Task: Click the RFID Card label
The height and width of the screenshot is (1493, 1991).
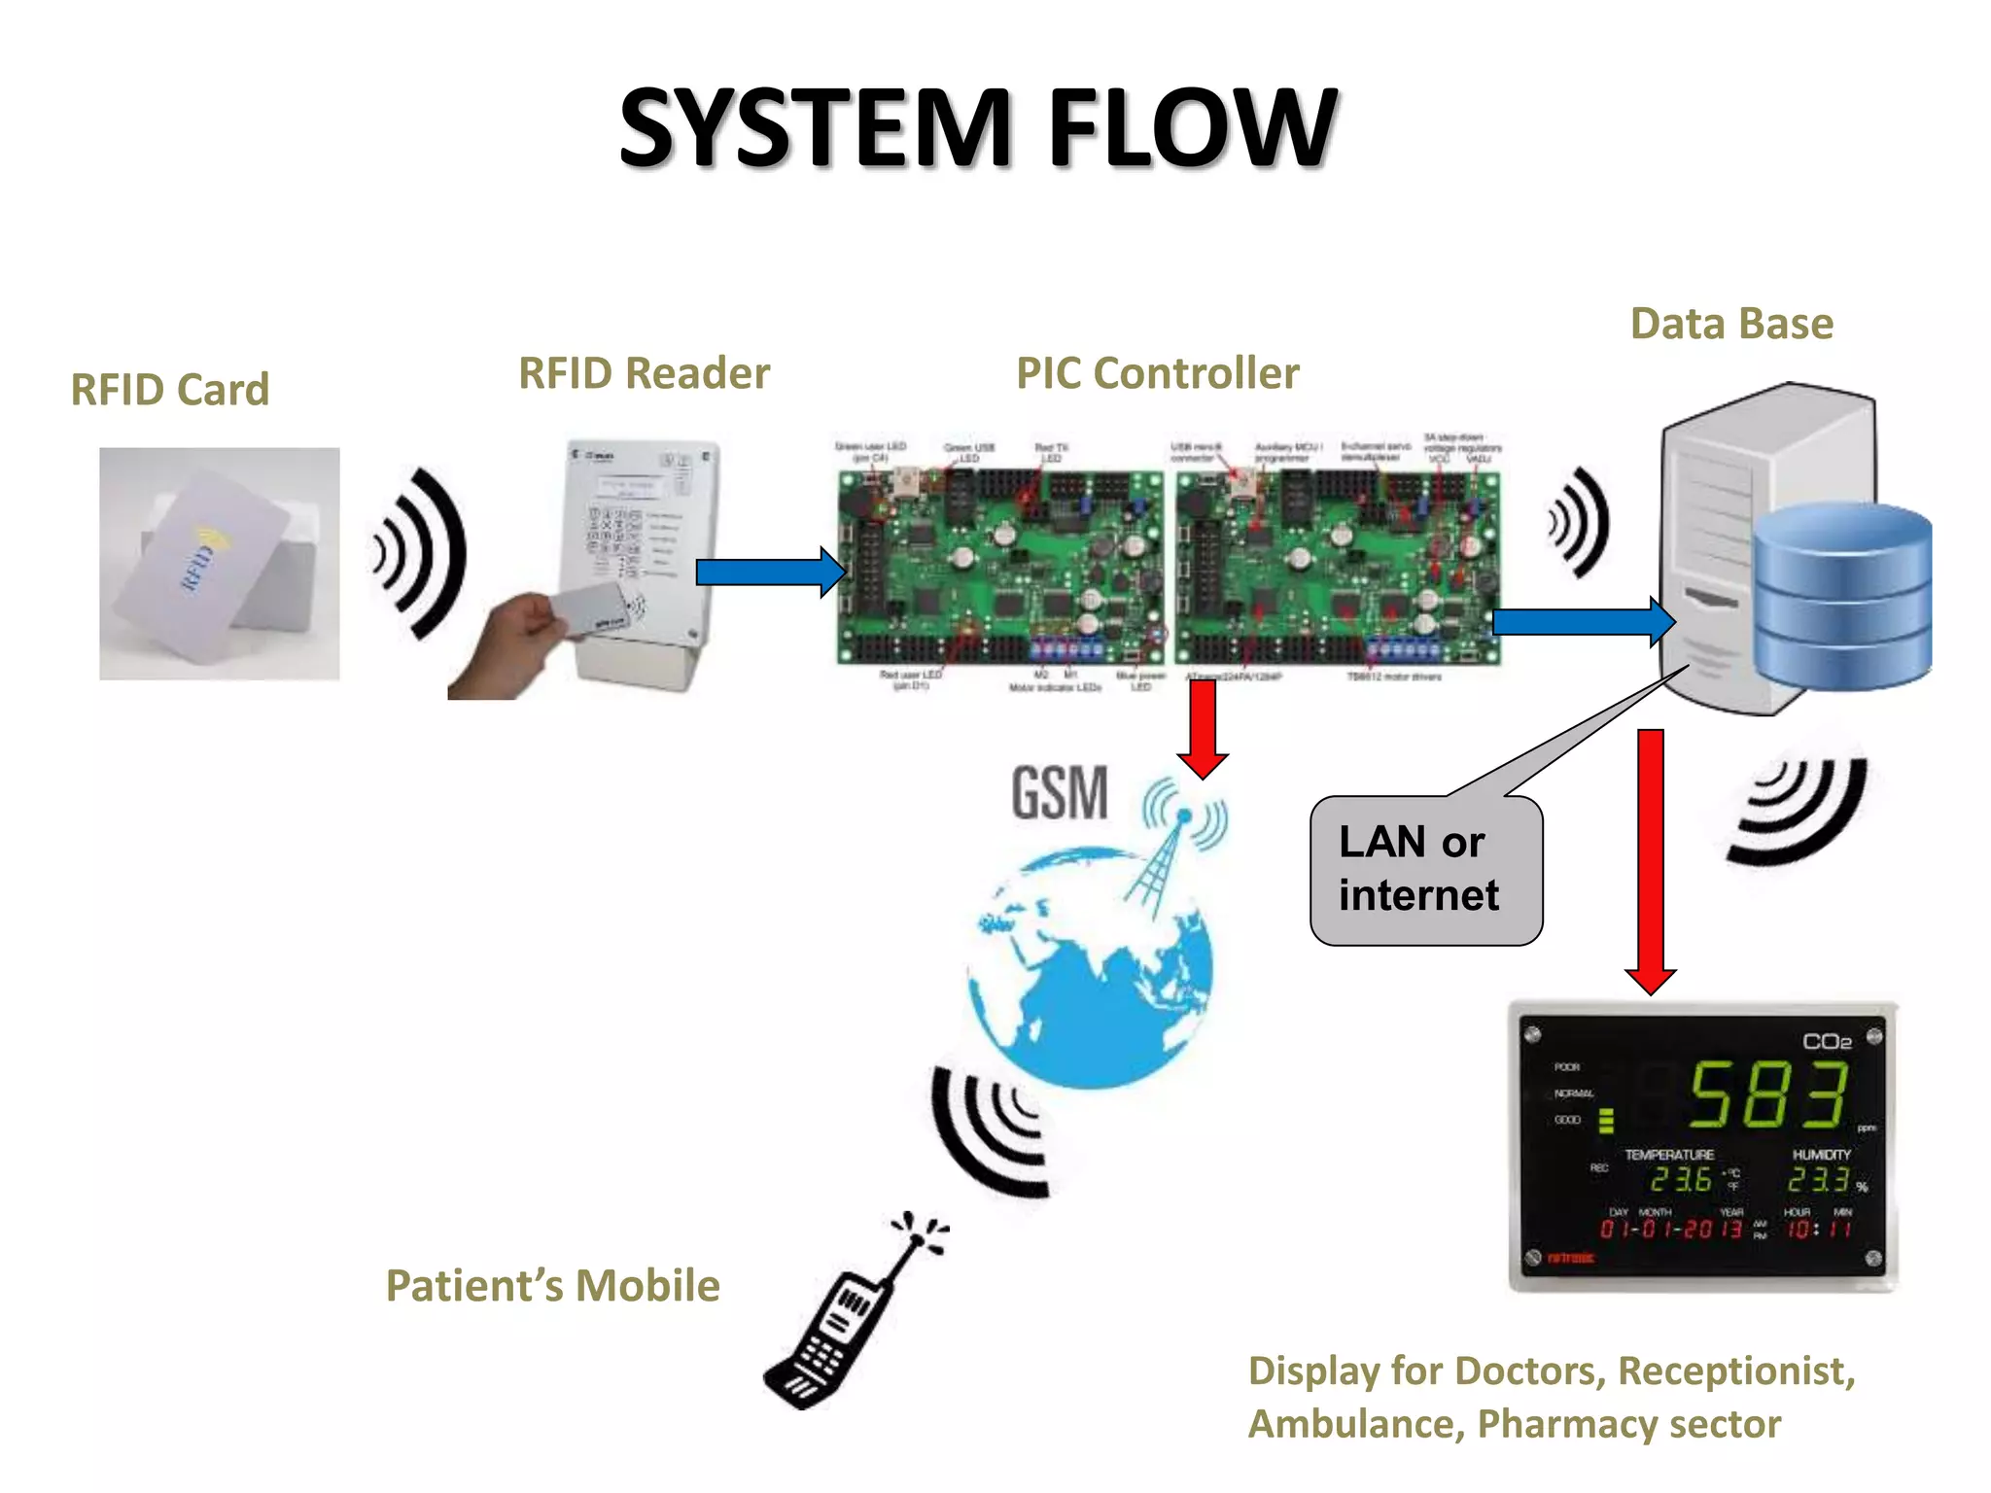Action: (x=170, y=390)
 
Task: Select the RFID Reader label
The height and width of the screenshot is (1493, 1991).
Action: (x=644, y=373)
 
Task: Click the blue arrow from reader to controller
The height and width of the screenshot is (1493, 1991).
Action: (x=768, y=572)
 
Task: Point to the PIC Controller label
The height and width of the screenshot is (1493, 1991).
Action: (x=1157, y=373)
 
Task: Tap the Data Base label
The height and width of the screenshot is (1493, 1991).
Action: (x=1731, y=324)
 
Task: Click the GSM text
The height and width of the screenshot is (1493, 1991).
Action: (x=1060, y=793)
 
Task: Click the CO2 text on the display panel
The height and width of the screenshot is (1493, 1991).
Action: (x=1827, y=1042)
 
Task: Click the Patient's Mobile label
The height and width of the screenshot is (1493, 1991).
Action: (x=552, y=1286)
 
